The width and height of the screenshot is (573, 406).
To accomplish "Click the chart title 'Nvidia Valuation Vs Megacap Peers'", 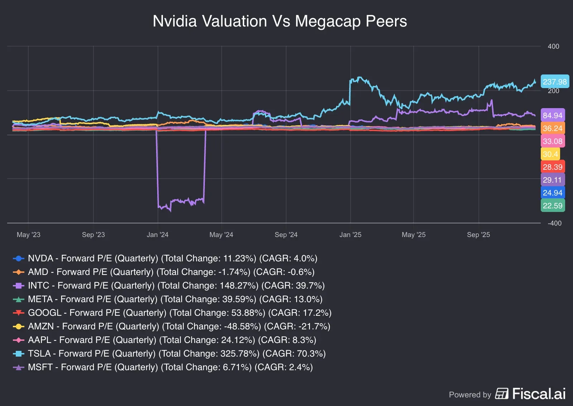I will [x=280, y=21].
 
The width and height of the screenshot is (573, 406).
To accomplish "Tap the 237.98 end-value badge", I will [x=555, y=82].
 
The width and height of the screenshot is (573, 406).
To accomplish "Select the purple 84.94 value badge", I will [x=553, y=115].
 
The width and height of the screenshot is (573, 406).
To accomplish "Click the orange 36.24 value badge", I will [x=553, y=128].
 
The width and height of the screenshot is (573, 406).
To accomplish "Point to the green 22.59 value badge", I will [x=553, y=206].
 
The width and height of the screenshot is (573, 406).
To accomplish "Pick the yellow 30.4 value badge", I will [x=550, y=154].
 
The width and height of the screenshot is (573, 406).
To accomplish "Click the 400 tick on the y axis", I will [x=553, y=47].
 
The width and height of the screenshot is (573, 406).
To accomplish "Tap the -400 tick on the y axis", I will [x=554, y=223].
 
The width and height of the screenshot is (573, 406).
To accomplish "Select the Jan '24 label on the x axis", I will [x=158, y=235].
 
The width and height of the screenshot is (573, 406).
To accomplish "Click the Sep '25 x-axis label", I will [x=478, y=235].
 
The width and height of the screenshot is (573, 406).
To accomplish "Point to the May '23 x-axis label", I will [x=29, y=235].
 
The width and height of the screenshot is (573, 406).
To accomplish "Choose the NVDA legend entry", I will [x=172, y=258].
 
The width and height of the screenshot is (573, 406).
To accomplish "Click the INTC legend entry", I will [x=176, y=286].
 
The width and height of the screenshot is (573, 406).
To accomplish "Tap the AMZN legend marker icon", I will [x=19, y=327].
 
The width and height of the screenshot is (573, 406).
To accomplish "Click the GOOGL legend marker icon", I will [x=19, y=313].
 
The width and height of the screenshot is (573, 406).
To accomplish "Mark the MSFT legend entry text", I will [x=170, y=367].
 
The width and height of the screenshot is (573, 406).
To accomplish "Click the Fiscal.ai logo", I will [x=530, y=394].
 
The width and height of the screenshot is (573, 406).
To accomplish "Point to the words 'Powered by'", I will [x=470, y=395].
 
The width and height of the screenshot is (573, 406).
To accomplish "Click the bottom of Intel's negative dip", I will [x=170, y=211].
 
